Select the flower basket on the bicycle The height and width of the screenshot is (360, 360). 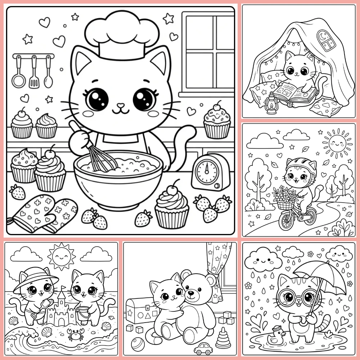284,200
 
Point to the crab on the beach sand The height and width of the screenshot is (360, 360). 75,334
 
